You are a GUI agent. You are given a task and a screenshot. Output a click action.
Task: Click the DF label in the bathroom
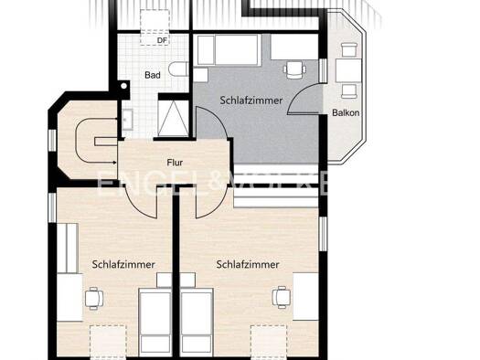(163, 40)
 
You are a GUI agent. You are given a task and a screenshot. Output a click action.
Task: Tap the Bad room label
(153, 75)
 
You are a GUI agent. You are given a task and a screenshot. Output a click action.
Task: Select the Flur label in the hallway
(175, 163)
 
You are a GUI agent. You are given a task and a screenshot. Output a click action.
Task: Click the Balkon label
(346, 112)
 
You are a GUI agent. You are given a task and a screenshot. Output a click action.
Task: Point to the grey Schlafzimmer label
(251, 101)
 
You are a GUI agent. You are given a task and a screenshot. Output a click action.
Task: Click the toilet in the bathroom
(179, 69)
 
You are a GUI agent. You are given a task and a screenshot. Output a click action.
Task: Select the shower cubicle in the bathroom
(174, 119)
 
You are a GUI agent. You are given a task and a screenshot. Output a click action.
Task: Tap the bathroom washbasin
(127, 120)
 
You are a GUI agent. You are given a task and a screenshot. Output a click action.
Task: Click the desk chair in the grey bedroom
(294, 69)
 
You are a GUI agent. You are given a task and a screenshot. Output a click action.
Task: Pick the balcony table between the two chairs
(348, 70)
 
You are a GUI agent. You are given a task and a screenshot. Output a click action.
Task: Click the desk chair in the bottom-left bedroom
(93, 299)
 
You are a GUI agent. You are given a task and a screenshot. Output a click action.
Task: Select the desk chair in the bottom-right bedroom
(282, 297)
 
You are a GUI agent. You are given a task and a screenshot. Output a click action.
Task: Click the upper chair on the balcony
(349, 49)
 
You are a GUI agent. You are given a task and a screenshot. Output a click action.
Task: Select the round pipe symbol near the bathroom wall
(123, 86)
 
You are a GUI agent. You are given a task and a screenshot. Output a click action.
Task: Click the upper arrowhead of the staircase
(115, 119)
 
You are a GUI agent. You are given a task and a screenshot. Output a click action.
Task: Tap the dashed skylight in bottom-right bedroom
(269, 342)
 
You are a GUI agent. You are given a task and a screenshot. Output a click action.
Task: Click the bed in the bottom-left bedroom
(155, 320)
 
